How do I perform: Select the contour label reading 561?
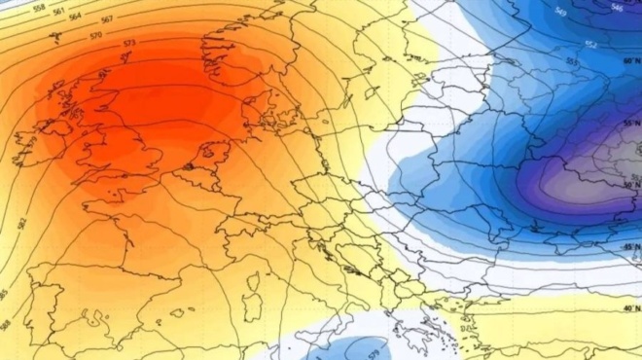[x=60, y=12]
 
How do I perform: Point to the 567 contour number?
[x=107, y=19]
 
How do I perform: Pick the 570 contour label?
[x=95, y=36]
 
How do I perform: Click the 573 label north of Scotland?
[x=129, y=44]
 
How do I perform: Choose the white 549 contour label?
[x=560, y=12]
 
